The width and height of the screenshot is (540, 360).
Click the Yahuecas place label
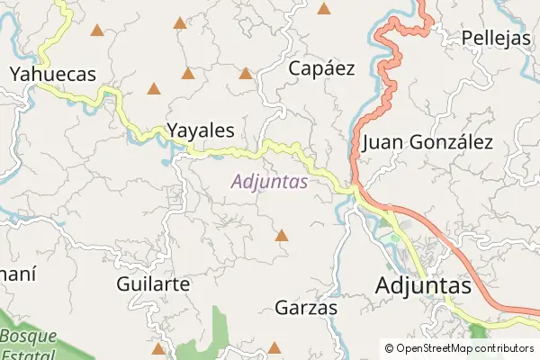click(52, 75)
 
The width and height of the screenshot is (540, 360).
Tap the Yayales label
click(201, 130)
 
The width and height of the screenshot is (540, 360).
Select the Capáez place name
click(321, 67)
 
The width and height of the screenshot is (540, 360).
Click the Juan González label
click(427, 142)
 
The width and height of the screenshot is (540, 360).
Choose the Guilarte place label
click(153, 283)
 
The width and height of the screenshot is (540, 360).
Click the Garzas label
click(306, 308)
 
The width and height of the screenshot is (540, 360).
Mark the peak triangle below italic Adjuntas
click(282, 236)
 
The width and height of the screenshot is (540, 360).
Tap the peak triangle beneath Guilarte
click(158, 347)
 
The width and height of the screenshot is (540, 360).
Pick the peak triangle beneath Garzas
click(275, 347)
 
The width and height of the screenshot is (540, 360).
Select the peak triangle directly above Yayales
click(188, 73)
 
